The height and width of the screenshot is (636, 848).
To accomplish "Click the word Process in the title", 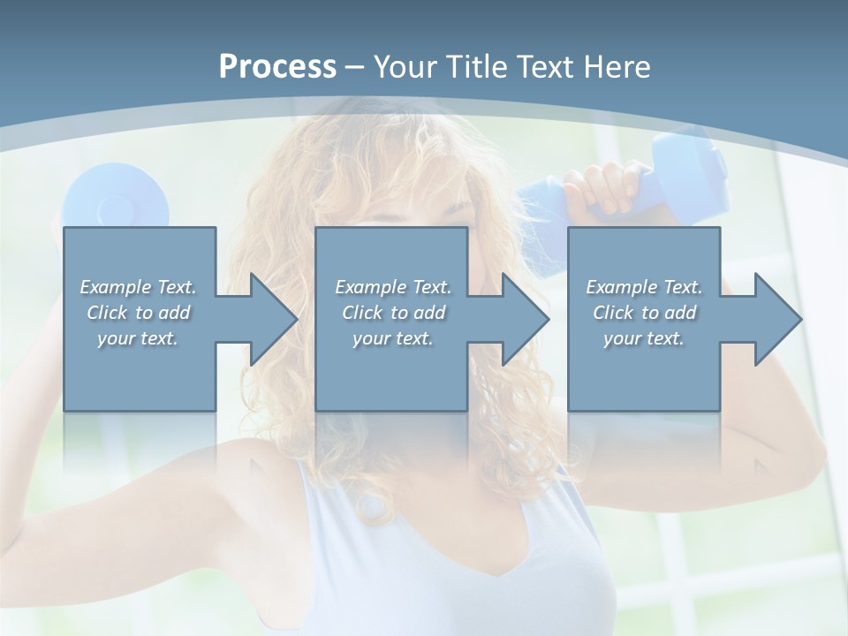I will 277,67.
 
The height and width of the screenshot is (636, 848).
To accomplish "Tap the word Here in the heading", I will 617,67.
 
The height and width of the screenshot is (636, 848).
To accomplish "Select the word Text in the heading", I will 545,67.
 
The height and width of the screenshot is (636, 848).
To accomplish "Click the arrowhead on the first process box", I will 272,319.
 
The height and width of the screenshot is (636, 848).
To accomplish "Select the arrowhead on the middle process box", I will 524,319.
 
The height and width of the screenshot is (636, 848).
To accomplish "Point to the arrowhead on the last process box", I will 776,319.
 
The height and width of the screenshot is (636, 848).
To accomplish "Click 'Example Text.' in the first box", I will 138,287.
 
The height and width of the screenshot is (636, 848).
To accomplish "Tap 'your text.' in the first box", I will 138,338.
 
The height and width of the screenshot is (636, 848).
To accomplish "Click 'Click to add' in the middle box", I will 393,313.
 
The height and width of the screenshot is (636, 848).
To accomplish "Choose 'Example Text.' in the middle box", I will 393,287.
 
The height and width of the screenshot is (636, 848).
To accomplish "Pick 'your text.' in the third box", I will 644,338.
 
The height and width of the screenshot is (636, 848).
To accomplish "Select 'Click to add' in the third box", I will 644,313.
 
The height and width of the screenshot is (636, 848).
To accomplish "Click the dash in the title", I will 355,67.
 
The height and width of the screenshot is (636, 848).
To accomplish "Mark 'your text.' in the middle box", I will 393,338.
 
